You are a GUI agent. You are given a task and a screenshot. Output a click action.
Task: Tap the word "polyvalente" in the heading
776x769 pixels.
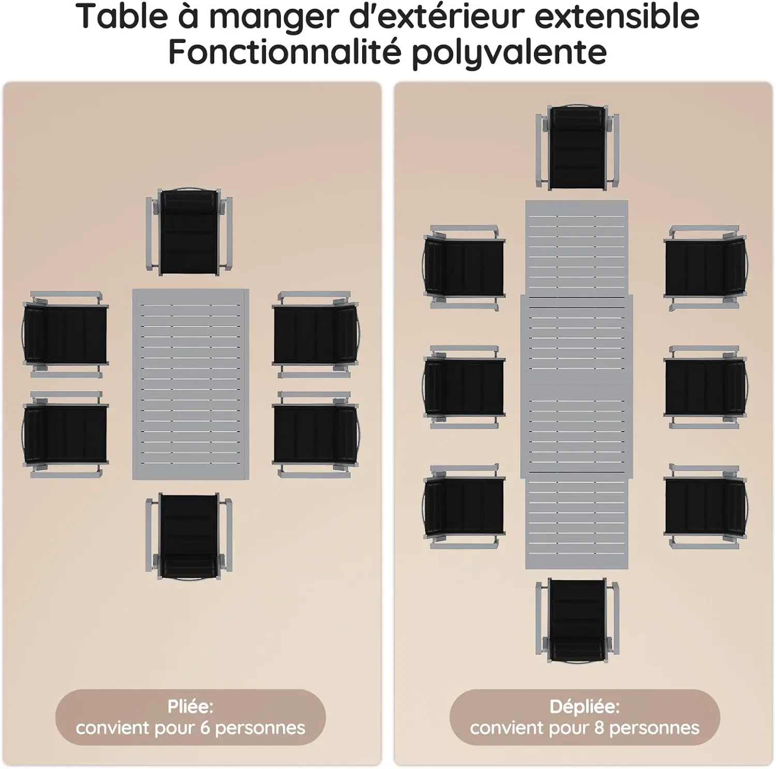[x=509, y=52]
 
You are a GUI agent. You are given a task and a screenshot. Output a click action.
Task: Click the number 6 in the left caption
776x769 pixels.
[x=205, y=728]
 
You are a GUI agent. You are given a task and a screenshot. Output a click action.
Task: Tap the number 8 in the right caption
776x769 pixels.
[x=599, y=728]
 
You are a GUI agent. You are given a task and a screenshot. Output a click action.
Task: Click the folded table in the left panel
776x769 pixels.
[x=190, y=384]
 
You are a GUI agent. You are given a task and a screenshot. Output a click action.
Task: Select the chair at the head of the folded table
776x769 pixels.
[x=189, y=230]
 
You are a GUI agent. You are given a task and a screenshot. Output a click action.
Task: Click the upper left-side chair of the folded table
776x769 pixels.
[x=65, y=334]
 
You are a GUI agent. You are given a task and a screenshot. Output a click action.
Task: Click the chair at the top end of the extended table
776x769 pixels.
[x=577, y=147]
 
